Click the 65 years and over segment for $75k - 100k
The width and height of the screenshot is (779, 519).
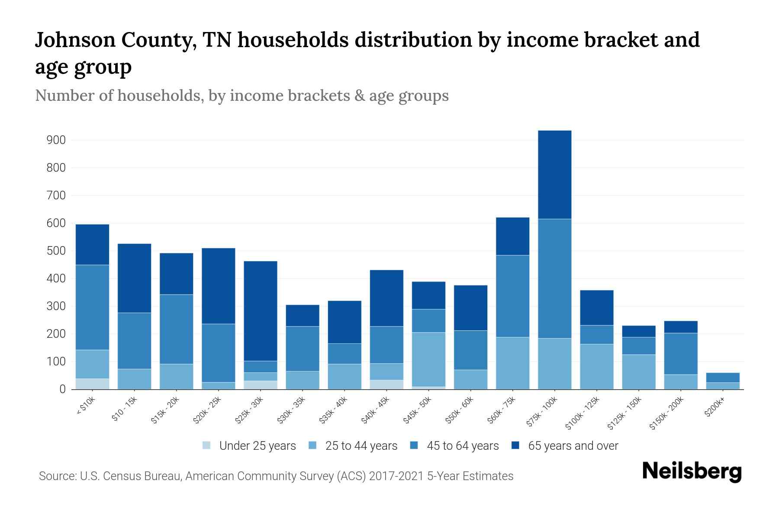click(554, 175)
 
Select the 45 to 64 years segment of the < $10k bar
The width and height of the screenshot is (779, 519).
click(92, 307)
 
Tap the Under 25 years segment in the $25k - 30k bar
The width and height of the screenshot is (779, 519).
click(261, 384)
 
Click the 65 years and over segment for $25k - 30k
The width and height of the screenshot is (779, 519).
click(261, 311)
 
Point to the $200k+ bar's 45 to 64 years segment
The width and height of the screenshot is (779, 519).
click(723, 377)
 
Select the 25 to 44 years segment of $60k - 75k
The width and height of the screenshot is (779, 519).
click(512, 363)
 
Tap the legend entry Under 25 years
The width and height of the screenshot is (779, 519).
click(257, 445)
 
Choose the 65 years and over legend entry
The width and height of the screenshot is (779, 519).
click(573, 445)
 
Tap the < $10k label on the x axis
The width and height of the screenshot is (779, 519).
click(86, 406)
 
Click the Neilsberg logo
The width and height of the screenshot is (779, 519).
click(692, 471)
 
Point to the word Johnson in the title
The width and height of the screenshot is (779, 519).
click(74, 40)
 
